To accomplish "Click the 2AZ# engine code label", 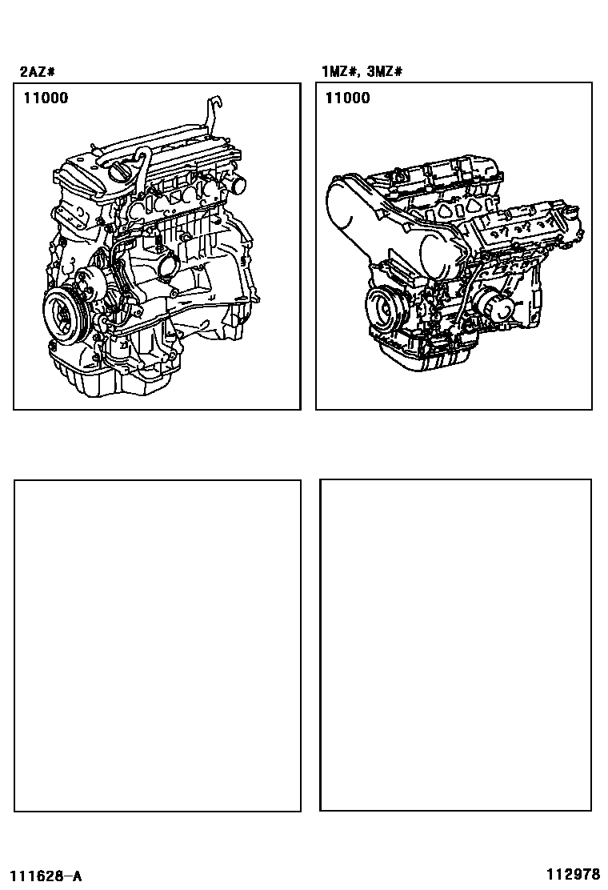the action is pyautogui.click(x=38, y=72).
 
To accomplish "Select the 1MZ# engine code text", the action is pyautogui.click(x=338, y=72).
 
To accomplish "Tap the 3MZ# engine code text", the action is pyautogui.click(x=385, y=72).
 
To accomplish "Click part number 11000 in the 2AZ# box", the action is pyautogui.click(x=46, y=98).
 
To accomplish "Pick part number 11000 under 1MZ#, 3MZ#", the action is pyautogui.click(x=347, y=98).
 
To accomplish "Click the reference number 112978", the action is pyautogui.click(x=573, y=873).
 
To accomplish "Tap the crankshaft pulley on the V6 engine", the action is pyautogui.click(x=383, y=307).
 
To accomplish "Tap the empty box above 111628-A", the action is pyautogui.click(x=157, y=646).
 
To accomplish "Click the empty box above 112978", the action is pyautogui.click(x=455, y=645).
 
